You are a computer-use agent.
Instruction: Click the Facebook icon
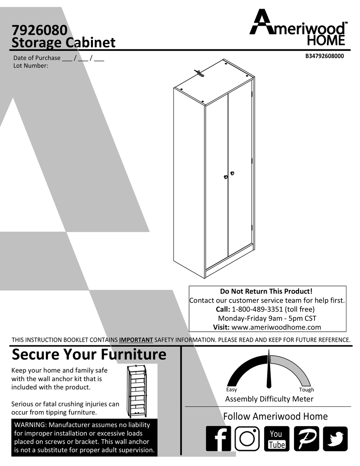tap(218, 439)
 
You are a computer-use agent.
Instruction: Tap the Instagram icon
tap(247, 439)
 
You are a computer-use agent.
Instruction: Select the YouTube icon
tap(276, 439)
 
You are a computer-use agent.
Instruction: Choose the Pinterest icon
tap(306, 439)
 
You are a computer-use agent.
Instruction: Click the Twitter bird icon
tap(335, 439)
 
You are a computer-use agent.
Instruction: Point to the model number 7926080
tap(39, 30)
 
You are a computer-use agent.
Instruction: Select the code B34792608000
tap(324, 56)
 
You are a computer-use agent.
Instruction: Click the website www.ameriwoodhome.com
tap(276, 327)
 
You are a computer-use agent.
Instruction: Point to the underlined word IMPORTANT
tap(136, 340)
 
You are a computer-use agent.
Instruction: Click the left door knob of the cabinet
tap(225, 177)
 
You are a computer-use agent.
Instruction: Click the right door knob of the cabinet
tap(232, 174)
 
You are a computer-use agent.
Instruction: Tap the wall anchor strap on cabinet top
tap(199, 73)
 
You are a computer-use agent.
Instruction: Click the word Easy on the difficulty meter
tap(231, 389)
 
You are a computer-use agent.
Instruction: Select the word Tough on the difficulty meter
tap(306, 389)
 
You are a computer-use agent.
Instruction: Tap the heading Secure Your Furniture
tap(89, 355)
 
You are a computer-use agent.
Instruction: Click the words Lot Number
tap(31, 66)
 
